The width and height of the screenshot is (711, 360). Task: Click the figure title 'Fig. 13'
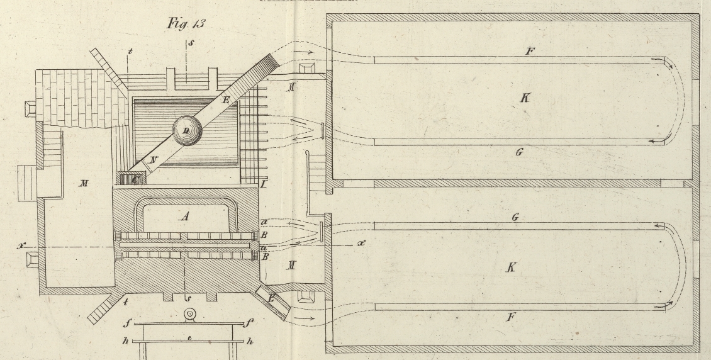186,24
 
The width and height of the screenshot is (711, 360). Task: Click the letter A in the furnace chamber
184,216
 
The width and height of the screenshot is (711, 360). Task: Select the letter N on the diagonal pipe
153,160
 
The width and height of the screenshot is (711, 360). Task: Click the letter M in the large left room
83,183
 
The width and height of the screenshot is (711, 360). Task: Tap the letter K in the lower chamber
512,267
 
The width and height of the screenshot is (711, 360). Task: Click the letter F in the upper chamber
529,50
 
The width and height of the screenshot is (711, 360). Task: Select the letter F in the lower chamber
510,317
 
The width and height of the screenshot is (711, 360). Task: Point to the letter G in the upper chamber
519,153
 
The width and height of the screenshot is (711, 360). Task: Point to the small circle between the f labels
188,315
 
